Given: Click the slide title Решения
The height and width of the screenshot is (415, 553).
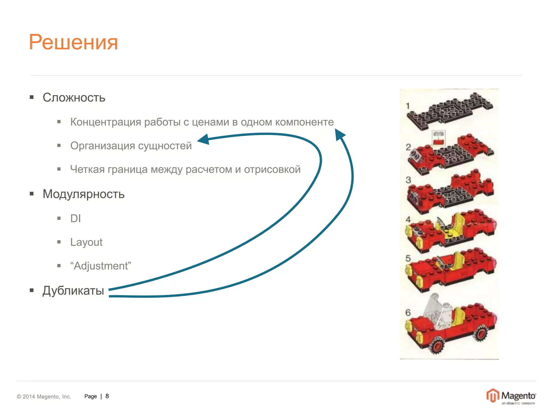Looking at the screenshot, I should click(x=73, y=42).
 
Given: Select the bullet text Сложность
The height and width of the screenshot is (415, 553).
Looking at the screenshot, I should click(x=74, y=98).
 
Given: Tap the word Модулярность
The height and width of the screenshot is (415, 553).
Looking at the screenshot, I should click(x=83, y=194).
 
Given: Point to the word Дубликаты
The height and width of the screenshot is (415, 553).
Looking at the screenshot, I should click(x=73, y=291).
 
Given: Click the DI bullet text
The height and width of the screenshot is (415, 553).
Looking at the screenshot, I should click(x=75, y=218).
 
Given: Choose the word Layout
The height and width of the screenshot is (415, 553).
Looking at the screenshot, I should click(x=86, y=242).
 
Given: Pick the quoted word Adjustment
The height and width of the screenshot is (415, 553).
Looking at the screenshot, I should click(x=101, y=266).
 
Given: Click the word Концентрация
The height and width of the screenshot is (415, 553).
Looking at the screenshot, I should click(x=106, y=122).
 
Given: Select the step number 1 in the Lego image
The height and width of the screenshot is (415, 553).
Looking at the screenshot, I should click(x=408, y=106).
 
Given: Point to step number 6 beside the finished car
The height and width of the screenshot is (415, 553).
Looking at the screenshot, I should click(x=408, y=313).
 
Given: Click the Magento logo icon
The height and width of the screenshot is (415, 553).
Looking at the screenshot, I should click(x=493, y=396).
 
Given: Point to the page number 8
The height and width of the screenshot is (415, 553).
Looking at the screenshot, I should click(x=107, y=396).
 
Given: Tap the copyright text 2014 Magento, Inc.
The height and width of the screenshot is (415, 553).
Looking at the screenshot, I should click(x=44, y=397).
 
